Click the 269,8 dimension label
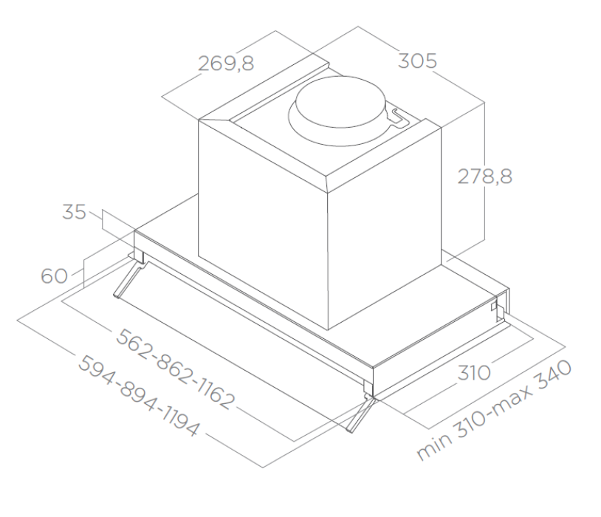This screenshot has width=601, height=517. pyautogui.click(x=226, y=64)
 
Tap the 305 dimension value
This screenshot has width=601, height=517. pyautogui.click(x=417, y=61)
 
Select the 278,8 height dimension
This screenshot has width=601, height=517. pyautogui.click(x=485, y=177)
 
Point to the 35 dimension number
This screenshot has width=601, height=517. pyautogui.click(x=75, y=212)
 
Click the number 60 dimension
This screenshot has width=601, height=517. pyautogui.click(x=54, y=275)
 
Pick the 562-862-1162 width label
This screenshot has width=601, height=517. pyautogui.click(x=175, y=369)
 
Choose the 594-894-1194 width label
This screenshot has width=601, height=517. pyautogui.click(x=138, y=396)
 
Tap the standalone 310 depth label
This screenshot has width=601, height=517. pyautogui.click(x=474, y=373)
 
